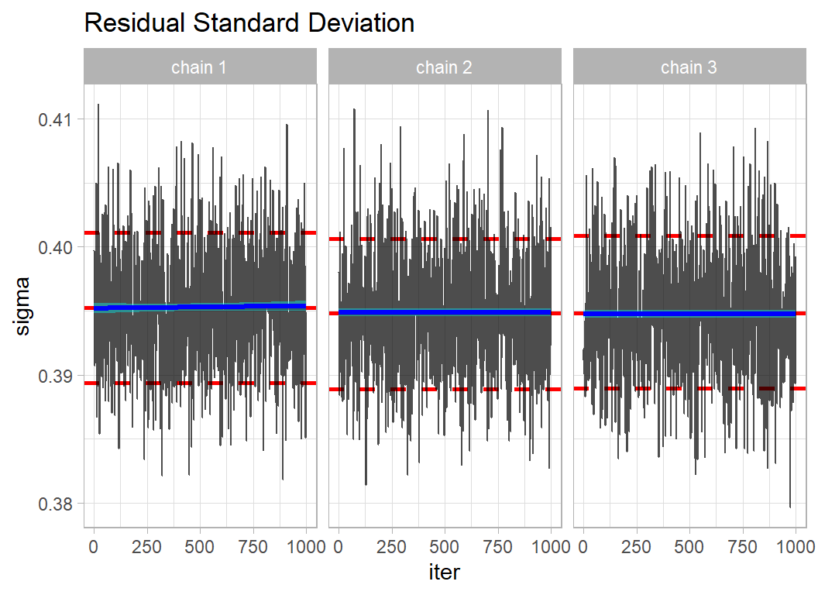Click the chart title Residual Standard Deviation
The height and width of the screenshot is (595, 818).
pos(249,23)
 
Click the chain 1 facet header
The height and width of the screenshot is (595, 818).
pos(200,67)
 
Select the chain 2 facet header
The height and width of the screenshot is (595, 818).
pos(444,67)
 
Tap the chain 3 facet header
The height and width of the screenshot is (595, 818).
pos(689,67)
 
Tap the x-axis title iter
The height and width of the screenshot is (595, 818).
pos(445,572)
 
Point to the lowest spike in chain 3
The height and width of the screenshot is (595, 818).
pos(790,506)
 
